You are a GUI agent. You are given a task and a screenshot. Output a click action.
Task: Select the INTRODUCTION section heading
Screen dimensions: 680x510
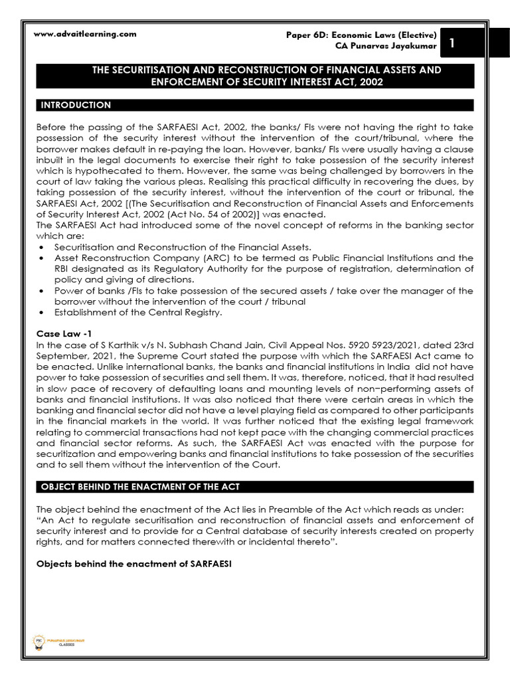76,105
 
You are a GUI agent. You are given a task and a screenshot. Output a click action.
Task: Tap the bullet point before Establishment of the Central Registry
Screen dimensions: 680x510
41,313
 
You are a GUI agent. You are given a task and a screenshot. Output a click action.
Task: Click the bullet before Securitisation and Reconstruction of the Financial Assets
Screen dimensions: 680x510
41,247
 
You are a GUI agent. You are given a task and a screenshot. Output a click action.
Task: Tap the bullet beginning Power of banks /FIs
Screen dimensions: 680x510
41,291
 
